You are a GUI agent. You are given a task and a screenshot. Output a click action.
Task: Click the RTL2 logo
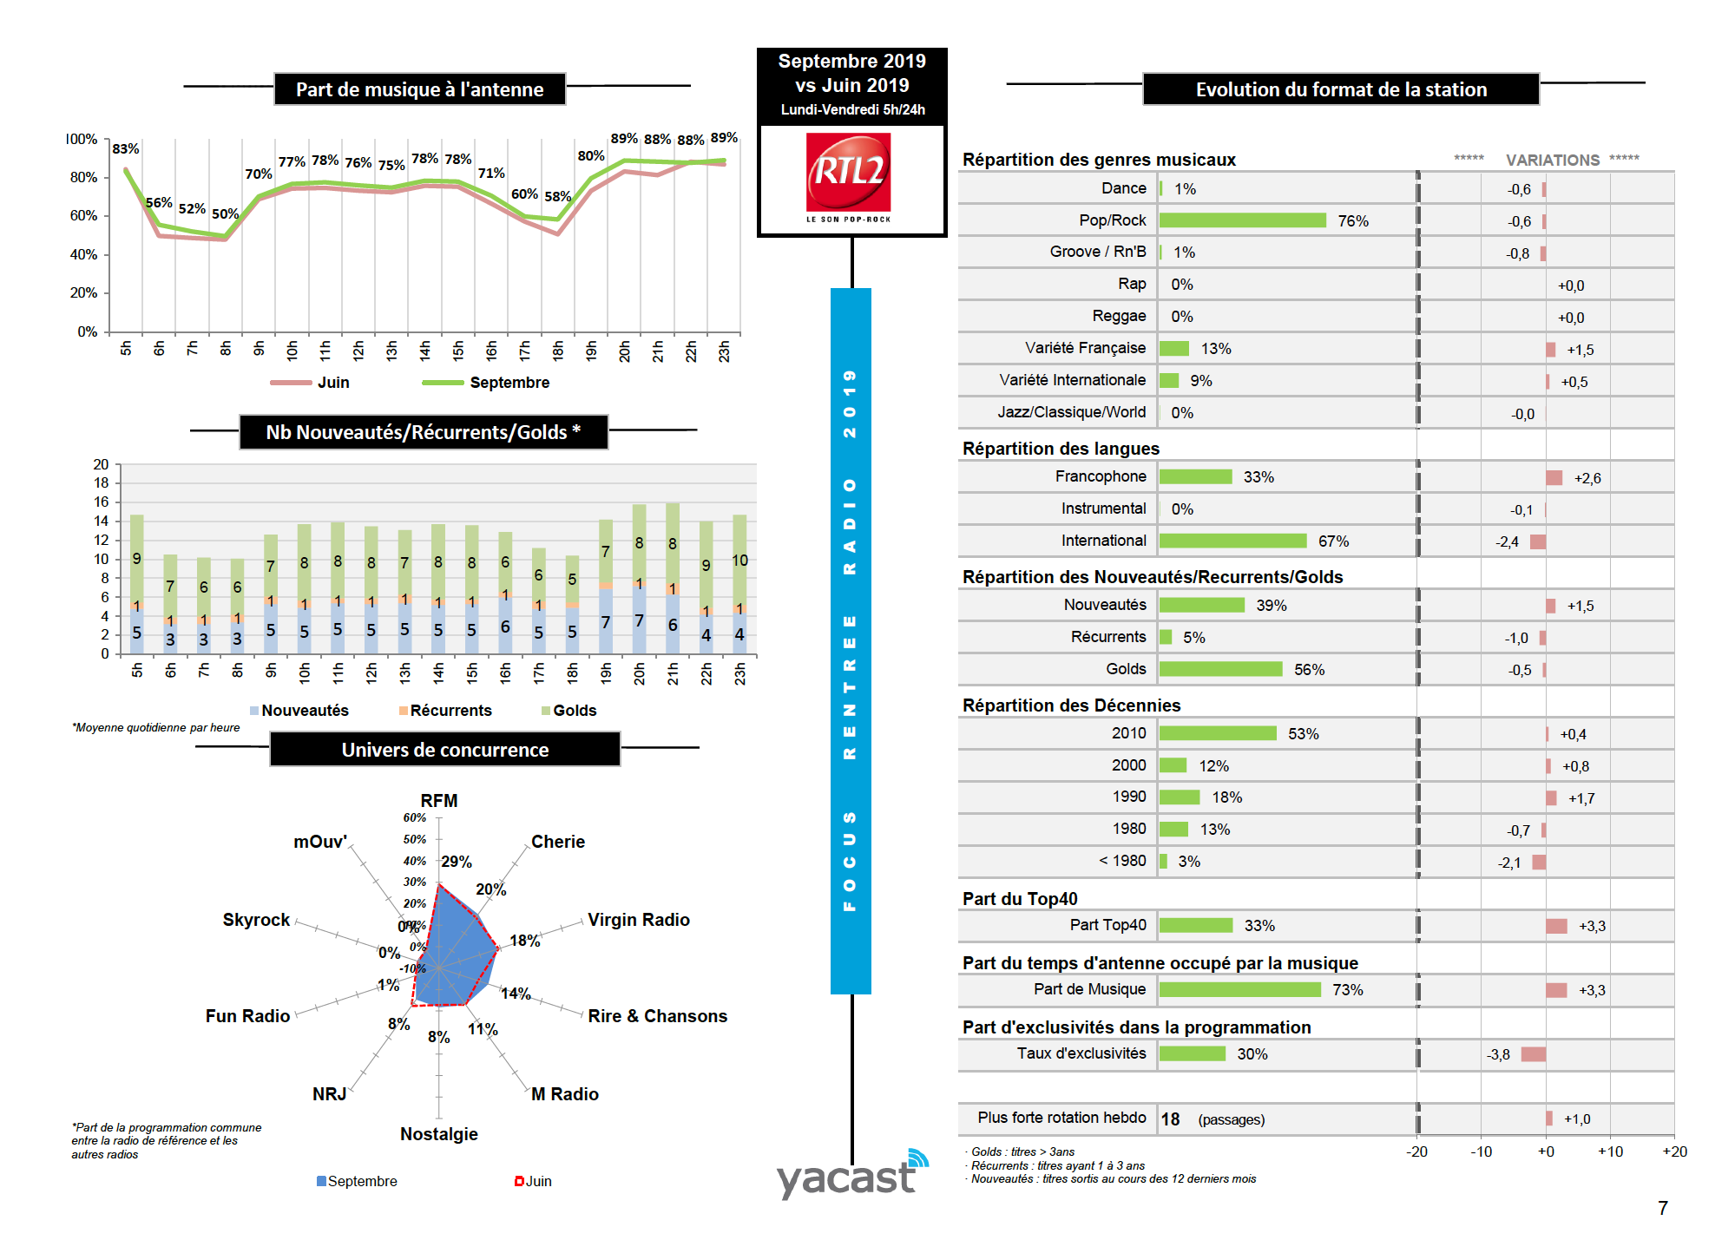848,176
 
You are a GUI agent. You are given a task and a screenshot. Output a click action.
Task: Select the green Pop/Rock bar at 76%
1242,220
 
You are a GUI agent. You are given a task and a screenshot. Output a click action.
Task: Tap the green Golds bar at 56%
1220,669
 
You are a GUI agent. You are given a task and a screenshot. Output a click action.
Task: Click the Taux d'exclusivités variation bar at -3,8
1533,1054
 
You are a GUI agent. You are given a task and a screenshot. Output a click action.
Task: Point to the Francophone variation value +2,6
1587,478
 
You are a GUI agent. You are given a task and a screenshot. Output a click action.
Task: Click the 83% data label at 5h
126,148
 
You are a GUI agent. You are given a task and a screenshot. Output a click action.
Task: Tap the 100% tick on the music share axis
82,139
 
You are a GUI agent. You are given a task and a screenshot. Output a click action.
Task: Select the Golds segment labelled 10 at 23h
739,560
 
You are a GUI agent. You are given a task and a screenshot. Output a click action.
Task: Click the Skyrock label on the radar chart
256,920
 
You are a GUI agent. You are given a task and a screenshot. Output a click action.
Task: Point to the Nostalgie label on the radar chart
439,1134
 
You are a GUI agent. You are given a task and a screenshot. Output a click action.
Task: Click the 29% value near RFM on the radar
457,862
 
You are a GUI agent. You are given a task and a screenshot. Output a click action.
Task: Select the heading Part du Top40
1020,899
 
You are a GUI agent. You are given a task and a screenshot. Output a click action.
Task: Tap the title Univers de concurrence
444,750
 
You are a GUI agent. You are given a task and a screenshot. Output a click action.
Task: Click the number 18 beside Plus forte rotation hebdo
1170,1119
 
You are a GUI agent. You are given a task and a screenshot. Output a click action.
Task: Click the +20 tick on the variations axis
1674,1151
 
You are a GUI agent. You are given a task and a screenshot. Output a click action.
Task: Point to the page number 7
1662,1208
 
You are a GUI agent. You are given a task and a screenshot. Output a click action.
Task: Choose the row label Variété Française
1085,348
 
